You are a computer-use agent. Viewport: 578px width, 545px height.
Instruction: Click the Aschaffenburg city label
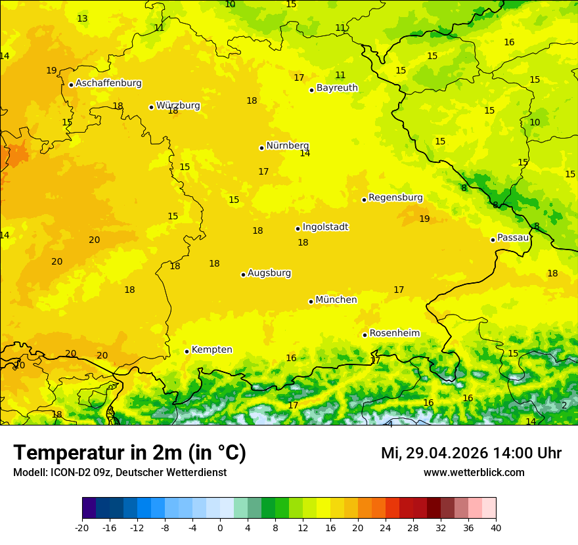click(x=108, y=83)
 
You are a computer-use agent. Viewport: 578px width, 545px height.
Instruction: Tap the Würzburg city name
click(x=178, y=106)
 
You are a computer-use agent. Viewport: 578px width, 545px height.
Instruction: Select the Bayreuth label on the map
click(x=337, y=88)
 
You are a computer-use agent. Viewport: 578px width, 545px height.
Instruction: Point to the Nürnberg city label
click(x=287, y=146)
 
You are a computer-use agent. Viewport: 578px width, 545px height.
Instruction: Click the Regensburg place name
click(x=395, y=198)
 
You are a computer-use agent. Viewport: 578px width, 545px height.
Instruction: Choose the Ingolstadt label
click(x=325, y=227)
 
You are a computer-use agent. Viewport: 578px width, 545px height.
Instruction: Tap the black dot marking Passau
click(x=493, y=240)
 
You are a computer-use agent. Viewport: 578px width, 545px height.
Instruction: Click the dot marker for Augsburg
click(x=243, y=274)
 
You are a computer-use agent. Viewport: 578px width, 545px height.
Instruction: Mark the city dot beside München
click(x=311, y=301)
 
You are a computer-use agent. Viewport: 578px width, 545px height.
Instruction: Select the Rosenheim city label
click(x=394, y=334)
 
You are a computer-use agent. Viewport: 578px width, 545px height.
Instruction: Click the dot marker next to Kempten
click(x=187, y=351)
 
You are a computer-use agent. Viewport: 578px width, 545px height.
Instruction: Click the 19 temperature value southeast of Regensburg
click(x=424, y=219)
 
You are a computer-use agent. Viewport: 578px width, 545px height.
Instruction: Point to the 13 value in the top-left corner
click(x=82, y=18)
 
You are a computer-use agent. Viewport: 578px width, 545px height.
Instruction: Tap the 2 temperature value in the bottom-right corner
click(x=564, y=405)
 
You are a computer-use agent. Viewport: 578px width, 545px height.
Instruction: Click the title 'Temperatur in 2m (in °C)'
click(x=129, y=453)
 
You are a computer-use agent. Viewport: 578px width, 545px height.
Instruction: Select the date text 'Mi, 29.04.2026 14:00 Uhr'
click(x=471, y=453)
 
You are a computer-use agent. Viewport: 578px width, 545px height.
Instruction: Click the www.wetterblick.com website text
click(x=474, y=473)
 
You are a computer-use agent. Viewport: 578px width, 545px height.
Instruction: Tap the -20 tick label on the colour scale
click(x=82, y=528)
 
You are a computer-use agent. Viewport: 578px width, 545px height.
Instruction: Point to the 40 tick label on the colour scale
click(x=496, y=528)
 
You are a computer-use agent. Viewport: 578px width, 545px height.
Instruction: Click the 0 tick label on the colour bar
click(x=220, y=528)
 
